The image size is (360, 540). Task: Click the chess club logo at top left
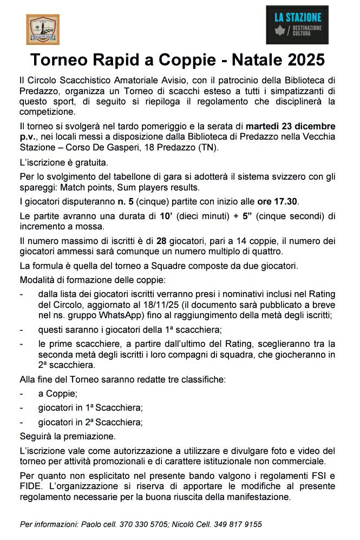point(43,29)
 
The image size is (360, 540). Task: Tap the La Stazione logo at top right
point(297,25)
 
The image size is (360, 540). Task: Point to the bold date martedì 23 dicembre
point(290,126)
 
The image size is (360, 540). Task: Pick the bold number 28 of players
point(161,241)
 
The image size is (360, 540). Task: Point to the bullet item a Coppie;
point(58,394)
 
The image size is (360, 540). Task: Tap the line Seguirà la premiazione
point(67,436)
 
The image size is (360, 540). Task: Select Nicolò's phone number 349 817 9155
point(239,524)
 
